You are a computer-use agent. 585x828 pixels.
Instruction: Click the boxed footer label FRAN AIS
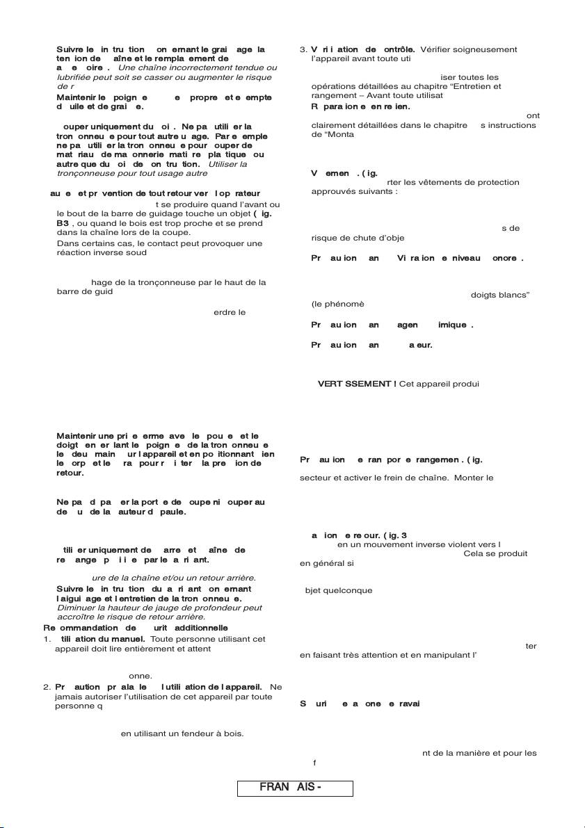point(295,788)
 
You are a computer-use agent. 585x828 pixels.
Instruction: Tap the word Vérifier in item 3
point(440,49)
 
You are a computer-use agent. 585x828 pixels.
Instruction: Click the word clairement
point(331,125)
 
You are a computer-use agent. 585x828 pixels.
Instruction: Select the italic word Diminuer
point(75,607)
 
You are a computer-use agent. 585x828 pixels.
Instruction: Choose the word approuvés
point(335,191)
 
